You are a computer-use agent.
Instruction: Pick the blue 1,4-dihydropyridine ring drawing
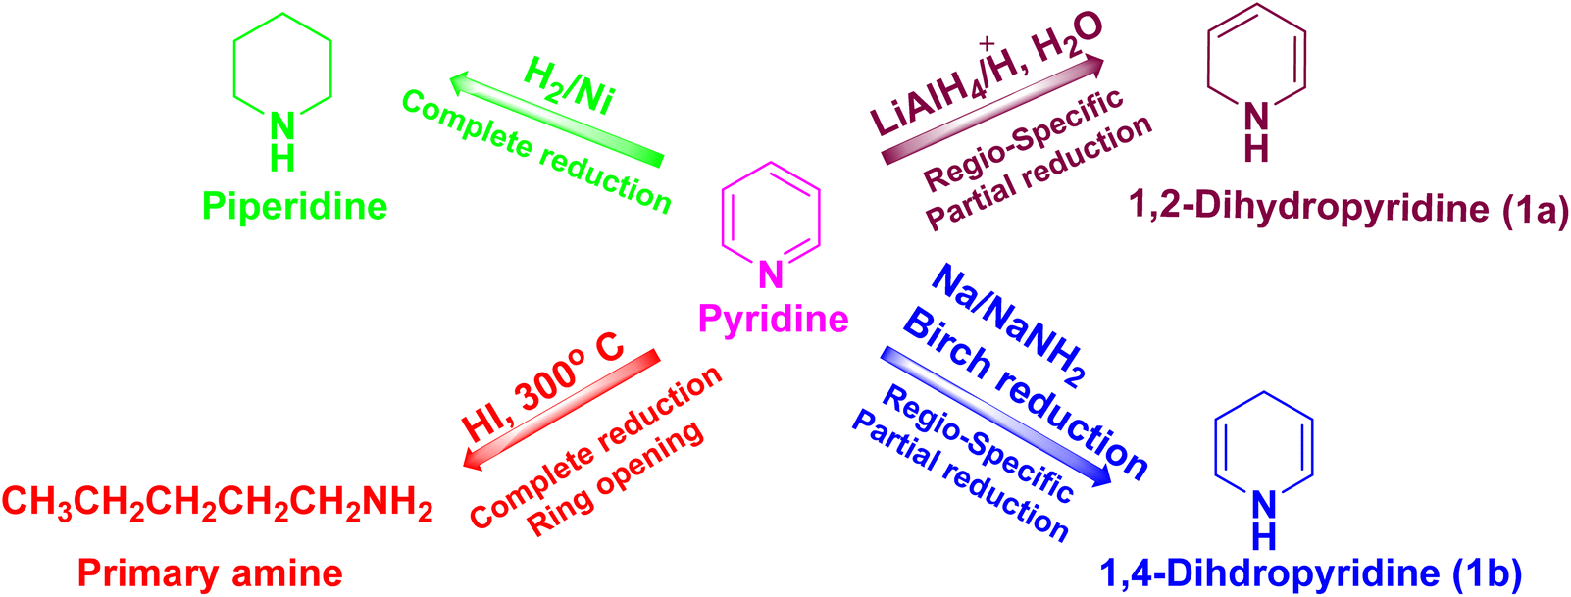tap(1215, 448)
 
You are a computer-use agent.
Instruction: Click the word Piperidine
tap(294, 207)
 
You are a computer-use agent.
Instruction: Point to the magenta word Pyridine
tap(774, 320)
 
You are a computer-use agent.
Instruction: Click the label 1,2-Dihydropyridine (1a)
tap(1348, 209)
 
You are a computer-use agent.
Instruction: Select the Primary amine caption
tap(210, 573)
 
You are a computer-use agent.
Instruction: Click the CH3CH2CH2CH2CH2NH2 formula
tap(218, 503)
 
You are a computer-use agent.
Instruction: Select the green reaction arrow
tap(555, 120)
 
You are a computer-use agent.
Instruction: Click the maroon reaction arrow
tap(992, 111)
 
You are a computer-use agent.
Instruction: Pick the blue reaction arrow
tap(996, 416)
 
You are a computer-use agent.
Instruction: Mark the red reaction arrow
tap(561, 410)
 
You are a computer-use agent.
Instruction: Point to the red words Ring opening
tap(615, 479)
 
